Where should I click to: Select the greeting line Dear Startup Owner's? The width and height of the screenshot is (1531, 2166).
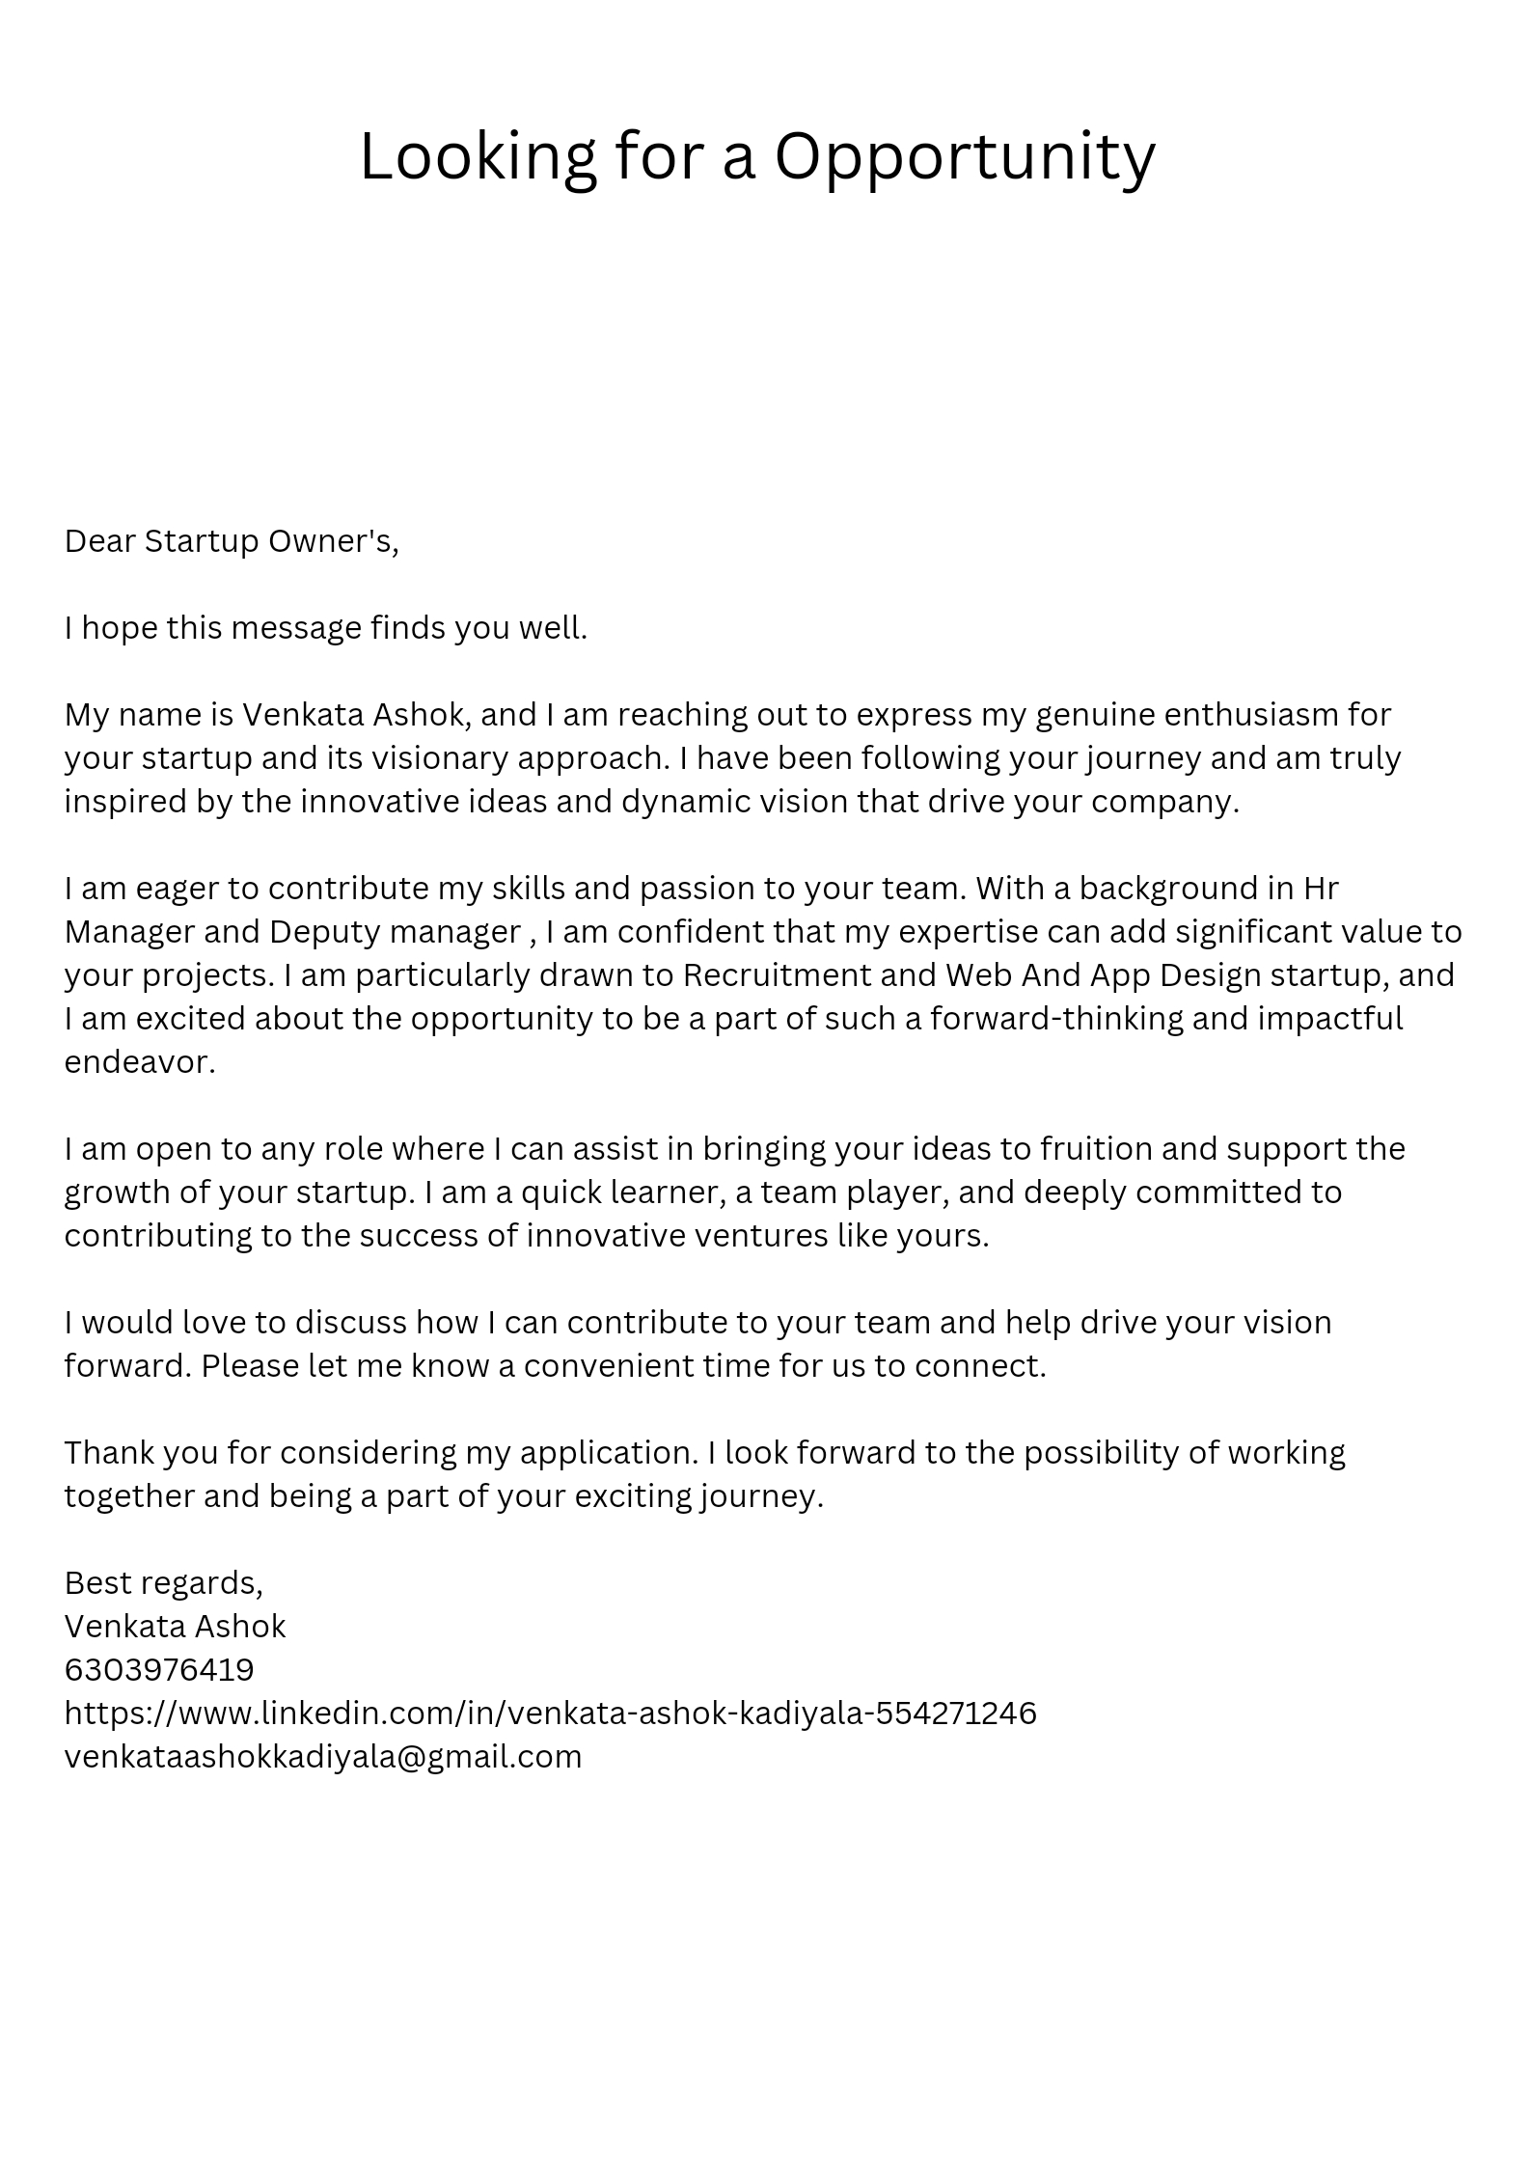point(232,541)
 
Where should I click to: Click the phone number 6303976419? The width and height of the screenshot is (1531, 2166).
point(159,1669)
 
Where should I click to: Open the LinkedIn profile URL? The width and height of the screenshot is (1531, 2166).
point(550,1713)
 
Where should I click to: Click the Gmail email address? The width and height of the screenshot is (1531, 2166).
point(323,1756)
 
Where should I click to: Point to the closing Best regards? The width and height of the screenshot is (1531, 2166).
point(163,1582)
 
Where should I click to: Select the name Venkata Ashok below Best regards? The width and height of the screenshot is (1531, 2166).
point(175,1626)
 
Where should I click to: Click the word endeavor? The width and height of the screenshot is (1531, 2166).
point(139,1061)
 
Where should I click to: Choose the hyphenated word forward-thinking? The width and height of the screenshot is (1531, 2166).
point(1056,1018)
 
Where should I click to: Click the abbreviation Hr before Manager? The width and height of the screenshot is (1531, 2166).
point(1320,888)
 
